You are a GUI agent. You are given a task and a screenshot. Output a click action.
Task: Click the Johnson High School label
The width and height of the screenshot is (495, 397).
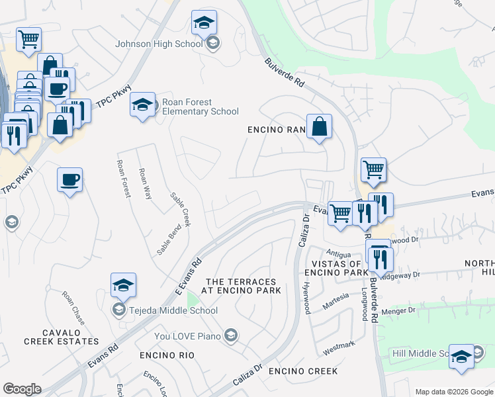coord(159,44)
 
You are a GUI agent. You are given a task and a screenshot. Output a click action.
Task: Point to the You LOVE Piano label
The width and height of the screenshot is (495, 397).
coord(189,336)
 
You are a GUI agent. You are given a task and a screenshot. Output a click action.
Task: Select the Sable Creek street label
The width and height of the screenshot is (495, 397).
coord(180,209)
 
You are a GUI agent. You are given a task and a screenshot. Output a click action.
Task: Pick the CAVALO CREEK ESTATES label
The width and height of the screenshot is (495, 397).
coord(61,337)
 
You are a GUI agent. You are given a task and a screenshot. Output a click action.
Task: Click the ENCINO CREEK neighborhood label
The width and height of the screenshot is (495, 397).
coord(303,371)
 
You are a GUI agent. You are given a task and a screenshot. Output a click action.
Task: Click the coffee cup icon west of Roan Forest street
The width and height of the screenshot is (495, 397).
coord(69,179)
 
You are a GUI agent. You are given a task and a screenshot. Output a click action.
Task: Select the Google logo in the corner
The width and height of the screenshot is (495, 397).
coord(22,388)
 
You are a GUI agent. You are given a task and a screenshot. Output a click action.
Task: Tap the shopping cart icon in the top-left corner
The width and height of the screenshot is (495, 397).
coord(28,40)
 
